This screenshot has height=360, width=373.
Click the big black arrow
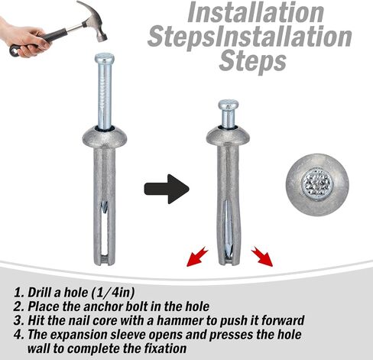pos(167,189)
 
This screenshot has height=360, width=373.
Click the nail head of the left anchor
pos(105,58)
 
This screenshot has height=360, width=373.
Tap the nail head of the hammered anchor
pos(229,105)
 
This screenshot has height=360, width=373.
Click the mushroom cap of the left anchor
pos(105,138)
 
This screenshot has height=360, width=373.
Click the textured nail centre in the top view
pos(317,183)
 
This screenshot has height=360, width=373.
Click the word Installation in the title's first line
pos(255,12)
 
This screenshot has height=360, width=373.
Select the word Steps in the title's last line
pos(252,61)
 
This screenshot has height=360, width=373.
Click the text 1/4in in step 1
pos(113,293)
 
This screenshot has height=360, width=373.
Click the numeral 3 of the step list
pos(18,321)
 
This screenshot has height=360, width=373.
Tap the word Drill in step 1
pos(37,293)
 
